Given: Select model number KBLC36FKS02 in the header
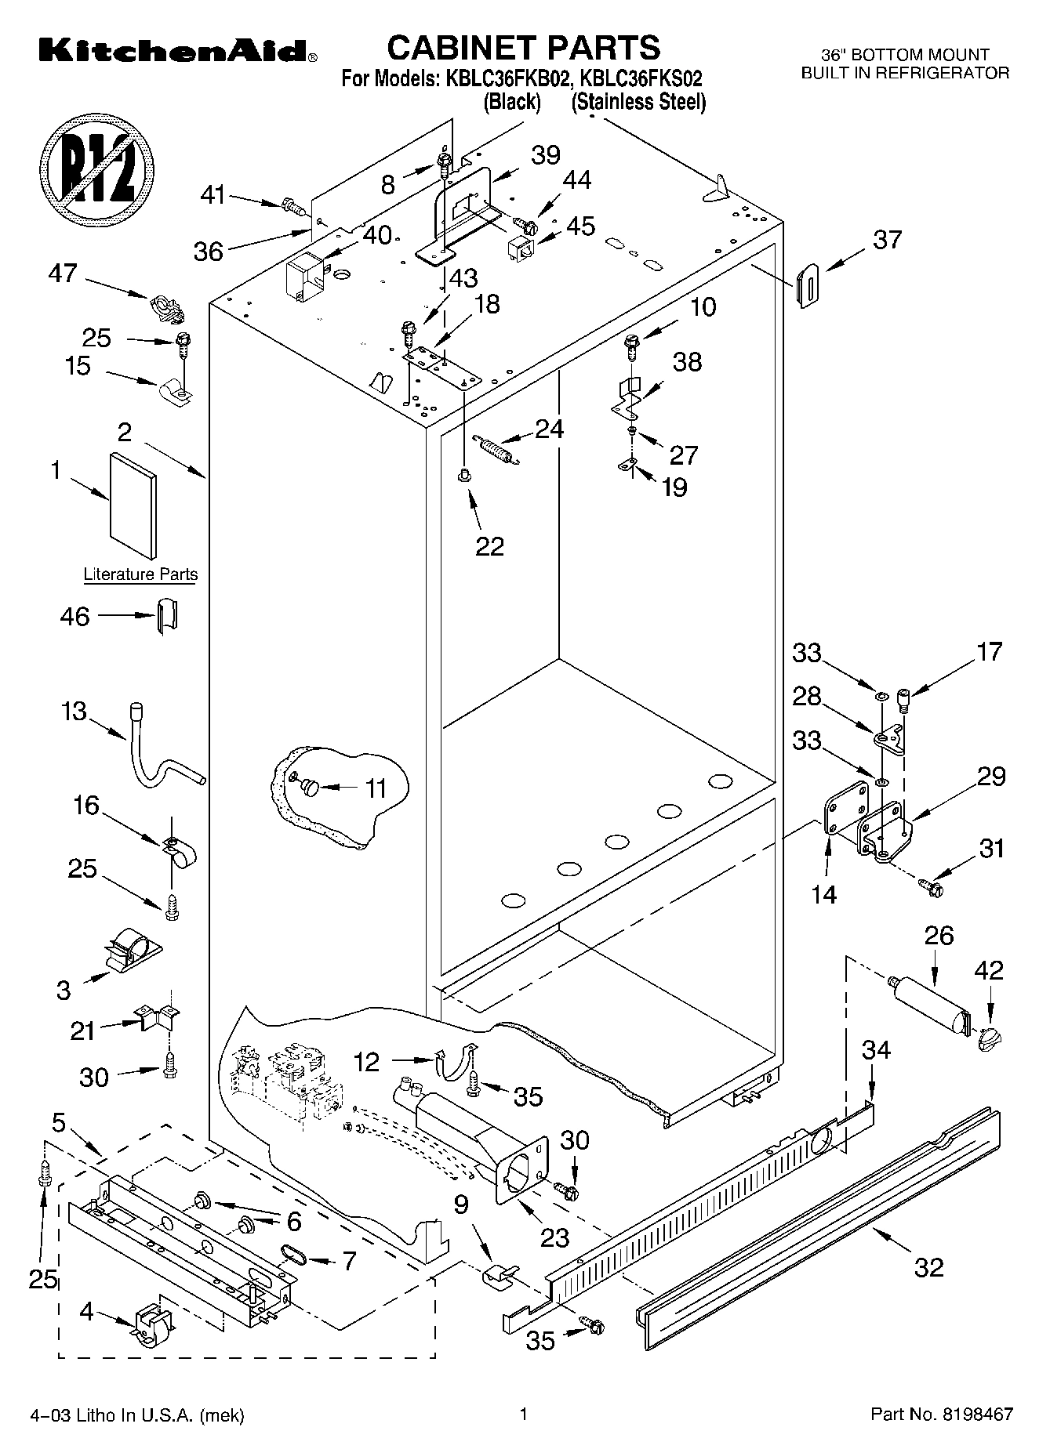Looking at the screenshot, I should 640,78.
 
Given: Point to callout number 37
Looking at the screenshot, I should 887,239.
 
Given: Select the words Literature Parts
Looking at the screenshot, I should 141,574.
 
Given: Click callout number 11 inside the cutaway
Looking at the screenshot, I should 376,788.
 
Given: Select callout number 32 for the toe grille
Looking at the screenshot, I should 928,1266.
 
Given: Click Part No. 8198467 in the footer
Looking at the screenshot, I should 942,1415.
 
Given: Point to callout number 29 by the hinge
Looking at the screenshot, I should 990,777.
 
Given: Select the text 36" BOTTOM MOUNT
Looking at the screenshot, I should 905,55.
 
